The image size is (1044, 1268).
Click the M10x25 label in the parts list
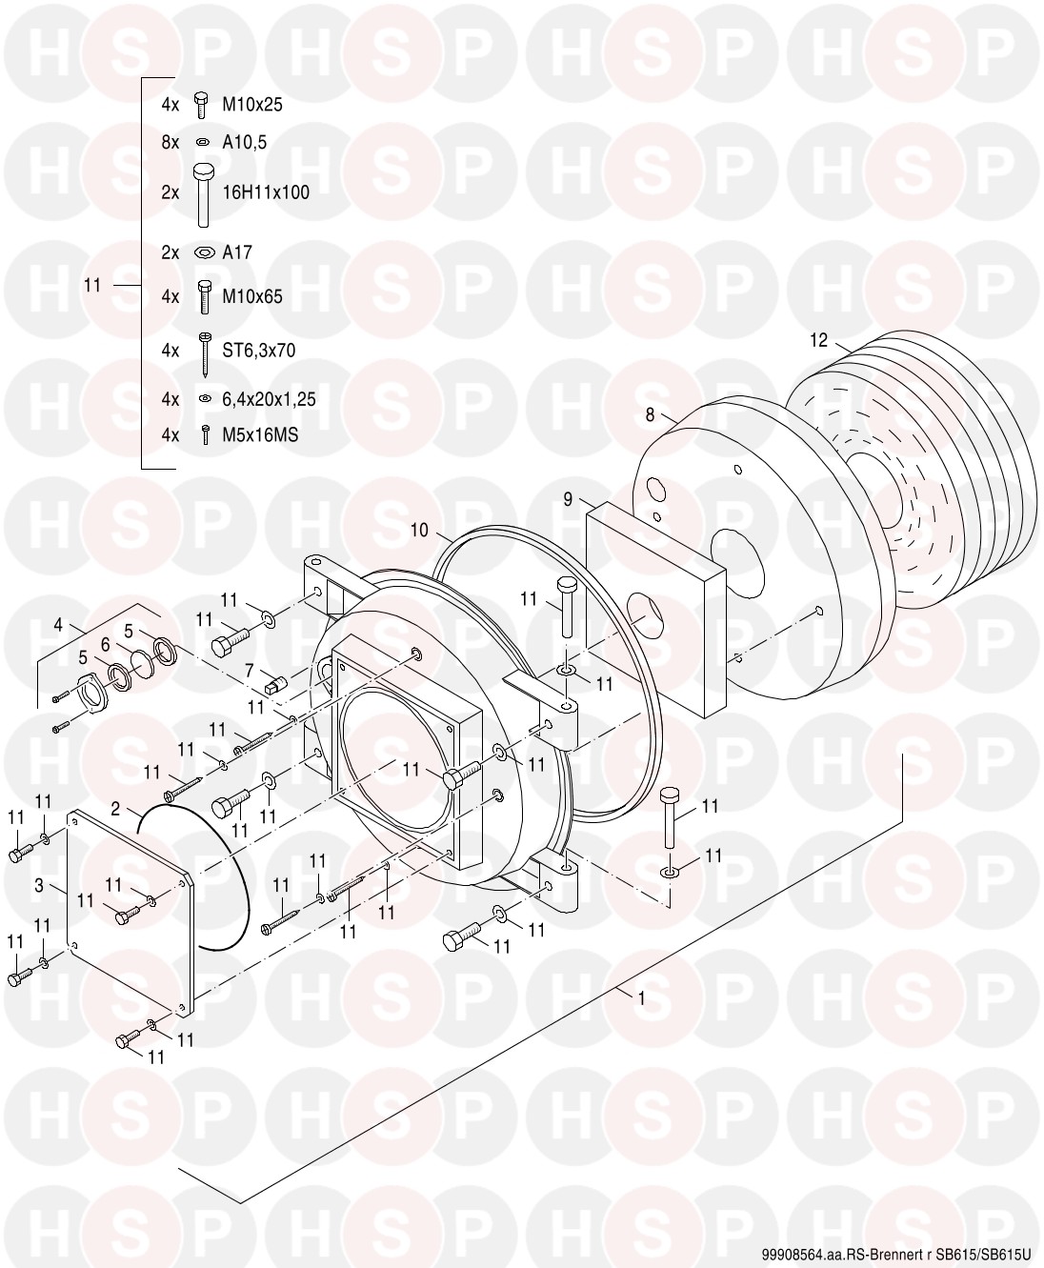pos(252,105)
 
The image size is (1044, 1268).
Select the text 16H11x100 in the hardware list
pos(266,192)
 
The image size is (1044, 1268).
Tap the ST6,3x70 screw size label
pos(259,351)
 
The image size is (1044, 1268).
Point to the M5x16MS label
pos(260,435)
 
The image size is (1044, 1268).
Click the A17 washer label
pos(237,252)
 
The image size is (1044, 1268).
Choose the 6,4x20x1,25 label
pos(269,399)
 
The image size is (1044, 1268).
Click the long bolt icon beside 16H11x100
pos(204,195)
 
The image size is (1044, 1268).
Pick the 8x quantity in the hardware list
pos(171,142)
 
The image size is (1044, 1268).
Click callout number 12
pos(818,340)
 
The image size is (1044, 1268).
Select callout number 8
pos(650,414)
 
